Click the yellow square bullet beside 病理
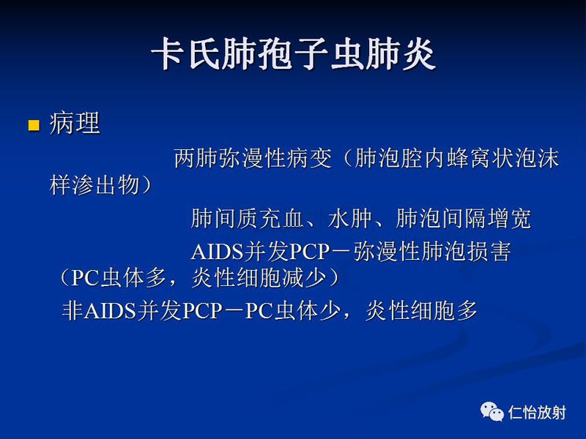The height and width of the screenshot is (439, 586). [x=33, y=125]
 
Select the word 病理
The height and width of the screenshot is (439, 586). [x=75, y=124]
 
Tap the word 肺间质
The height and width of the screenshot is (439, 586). [x=223, y=219]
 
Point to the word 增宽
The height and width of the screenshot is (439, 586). [x=513, y=219]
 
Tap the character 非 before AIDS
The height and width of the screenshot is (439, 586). [x=73, y=311]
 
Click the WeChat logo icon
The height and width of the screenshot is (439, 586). [x=492, y=411]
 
